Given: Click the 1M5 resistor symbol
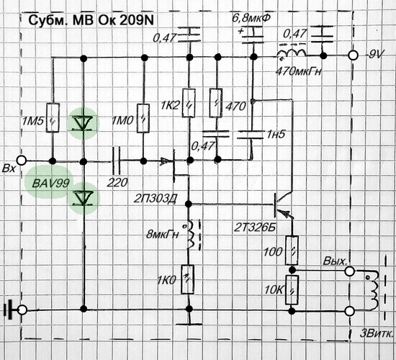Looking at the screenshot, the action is (53, 117).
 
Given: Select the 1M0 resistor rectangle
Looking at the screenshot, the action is (143, 118).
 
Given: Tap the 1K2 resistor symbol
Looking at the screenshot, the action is (189, 103).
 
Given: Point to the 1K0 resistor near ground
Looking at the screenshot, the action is (188, 279).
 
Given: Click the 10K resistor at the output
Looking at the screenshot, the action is (292, 289).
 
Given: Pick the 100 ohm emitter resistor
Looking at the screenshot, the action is (292, 251).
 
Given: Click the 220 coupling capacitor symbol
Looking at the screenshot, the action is (116, 161).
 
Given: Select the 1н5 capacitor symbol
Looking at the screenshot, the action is (251, 135).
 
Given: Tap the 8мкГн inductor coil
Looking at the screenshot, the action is (191, 234).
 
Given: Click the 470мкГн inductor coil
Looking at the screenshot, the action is (292, 53).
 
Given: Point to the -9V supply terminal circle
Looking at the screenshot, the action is (353, 55).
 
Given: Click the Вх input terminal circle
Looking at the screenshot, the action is (22, 161).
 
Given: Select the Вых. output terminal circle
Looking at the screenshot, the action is (350, 271).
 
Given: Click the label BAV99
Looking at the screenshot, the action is (50, 184).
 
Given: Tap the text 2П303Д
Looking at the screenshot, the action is (156, 199).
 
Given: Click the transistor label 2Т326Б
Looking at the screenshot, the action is (255, 228).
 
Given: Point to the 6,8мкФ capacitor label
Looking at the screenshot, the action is (251, 18).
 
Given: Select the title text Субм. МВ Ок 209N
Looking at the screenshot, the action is (91, 20).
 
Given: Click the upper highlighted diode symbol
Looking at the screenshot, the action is (82, 123).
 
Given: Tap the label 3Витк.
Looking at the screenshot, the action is (377, 333).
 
